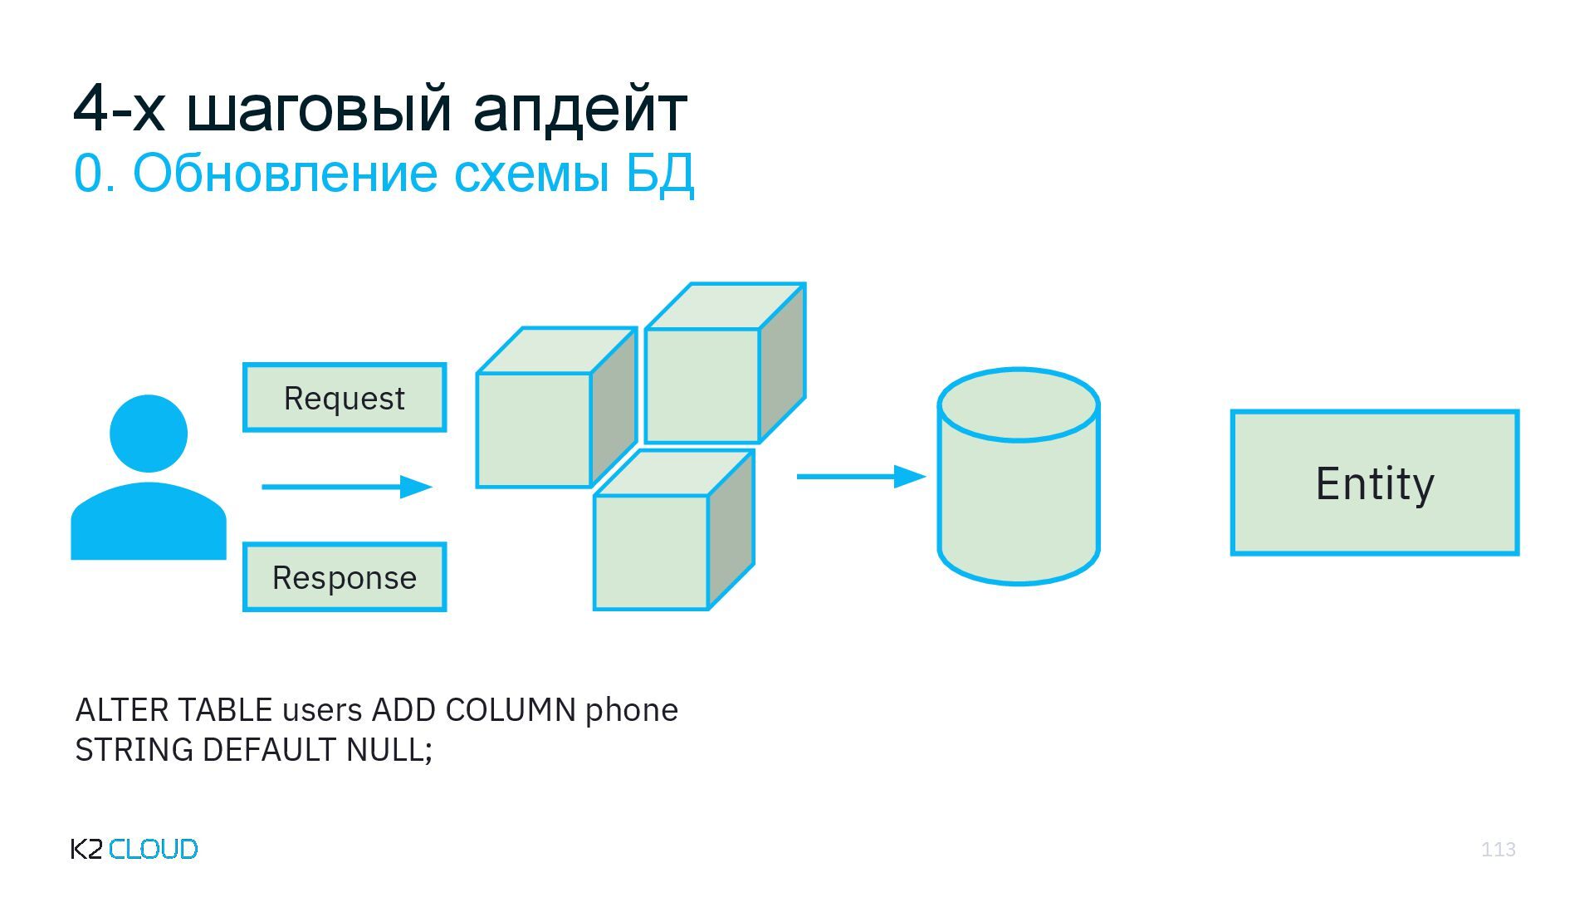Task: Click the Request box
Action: (x=345, y=398)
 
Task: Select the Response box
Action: (x=345, y=577)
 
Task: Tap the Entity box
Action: (x=1375, y=483)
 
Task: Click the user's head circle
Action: (x=149, y=434)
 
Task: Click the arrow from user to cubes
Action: (x=347, y=487)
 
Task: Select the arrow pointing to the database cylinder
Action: (x=861, y=477)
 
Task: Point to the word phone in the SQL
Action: (x=632, y=710)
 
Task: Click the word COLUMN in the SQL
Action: (x=511, y=710)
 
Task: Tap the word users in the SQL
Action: (x=322, y=710)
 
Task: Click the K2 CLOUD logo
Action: (x=134, y=849)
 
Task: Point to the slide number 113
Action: (x=1498, y=849)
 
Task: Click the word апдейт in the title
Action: (x=579, y=108)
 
